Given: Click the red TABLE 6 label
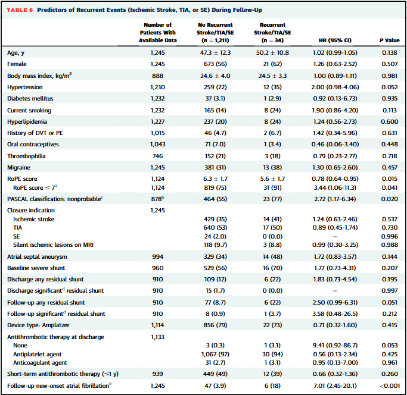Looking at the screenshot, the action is [x=20, y=10].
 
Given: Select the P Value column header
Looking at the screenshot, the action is [x=389, y=40].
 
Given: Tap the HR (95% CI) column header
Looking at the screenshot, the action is [x=335, y=40].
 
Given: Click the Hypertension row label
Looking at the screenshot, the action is [x=25, y=87].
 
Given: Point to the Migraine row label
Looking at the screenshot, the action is [x=18, y=167].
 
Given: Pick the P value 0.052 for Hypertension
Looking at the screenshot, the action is [x=389, y=87].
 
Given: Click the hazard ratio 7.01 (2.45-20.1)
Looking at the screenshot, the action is [x=335, y=385].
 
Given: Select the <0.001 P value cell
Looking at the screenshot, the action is [x=389, y=385].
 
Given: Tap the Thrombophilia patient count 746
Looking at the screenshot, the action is [x=157, y=156].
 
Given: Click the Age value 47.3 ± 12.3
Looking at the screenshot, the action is [x=215, y=52].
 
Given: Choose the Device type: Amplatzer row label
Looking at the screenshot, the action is [x=38, y=325].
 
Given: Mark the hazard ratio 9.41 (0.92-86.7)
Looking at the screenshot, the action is [x=335, y=345].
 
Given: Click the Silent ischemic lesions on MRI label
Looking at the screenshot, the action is [x=53, y=244].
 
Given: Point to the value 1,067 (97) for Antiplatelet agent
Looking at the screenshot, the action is [x=215, y=354].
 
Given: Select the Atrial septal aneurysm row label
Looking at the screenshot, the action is [x=37, y=256].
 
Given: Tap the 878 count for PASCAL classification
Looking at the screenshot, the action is [x=157, y=199].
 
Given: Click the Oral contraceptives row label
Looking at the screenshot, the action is [x=33, y=144].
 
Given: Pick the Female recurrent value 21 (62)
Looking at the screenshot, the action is [x=272, y=64].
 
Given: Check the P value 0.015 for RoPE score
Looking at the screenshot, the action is [x=389, y=179].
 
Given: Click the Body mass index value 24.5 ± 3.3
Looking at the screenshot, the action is [x=272, y=76].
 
